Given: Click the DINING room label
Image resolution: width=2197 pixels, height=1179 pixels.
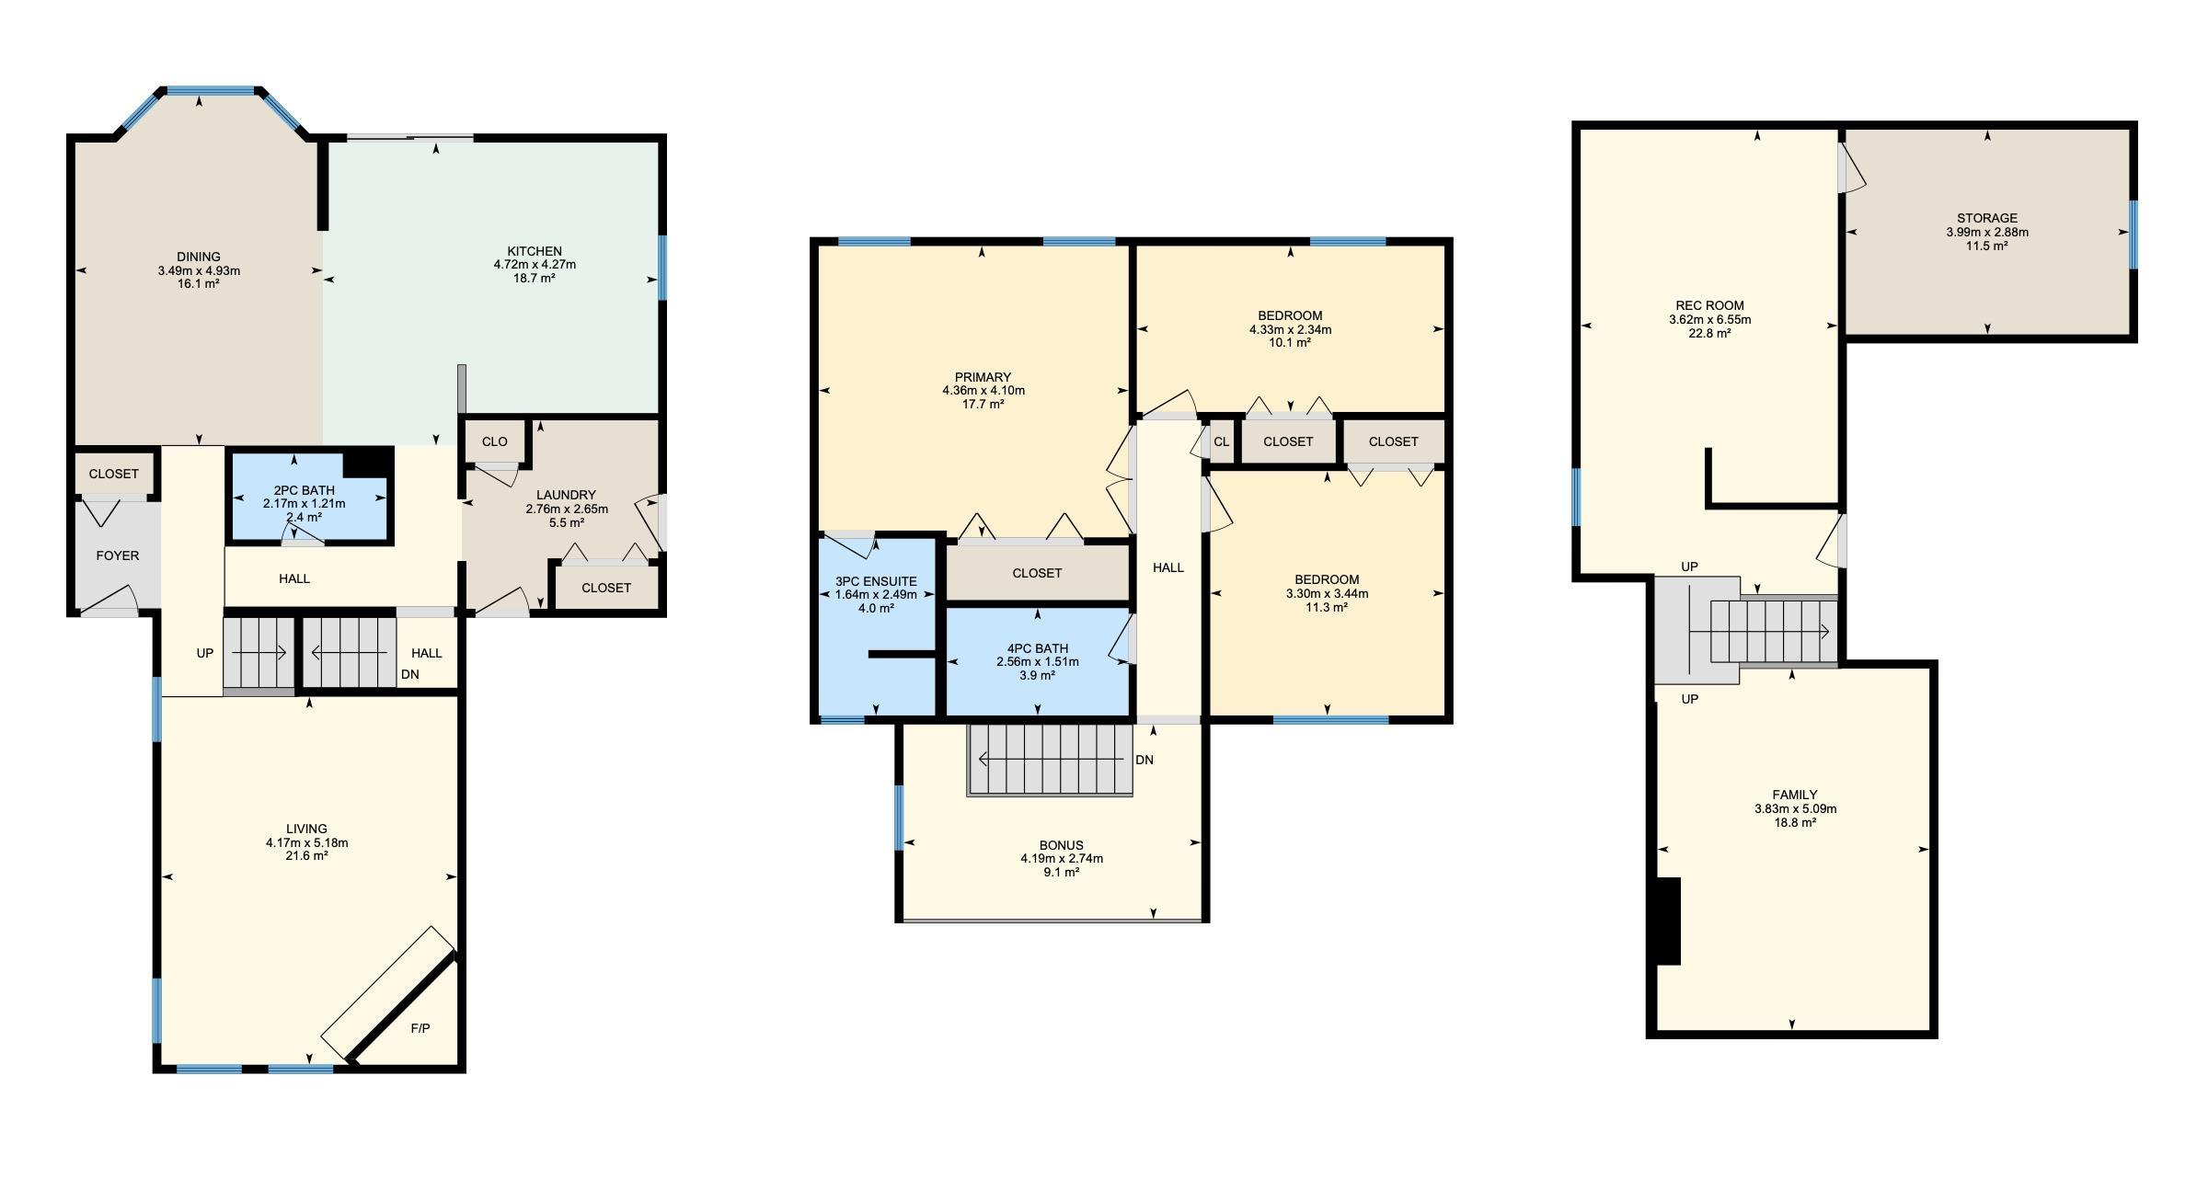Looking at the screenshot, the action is coord(199,257).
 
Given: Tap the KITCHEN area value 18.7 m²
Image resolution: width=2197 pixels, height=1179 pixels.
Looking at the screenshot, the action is coord(535,278).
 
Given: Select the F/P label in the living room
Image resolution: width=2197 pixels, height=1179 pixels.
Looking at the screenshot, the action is coord(420,1028).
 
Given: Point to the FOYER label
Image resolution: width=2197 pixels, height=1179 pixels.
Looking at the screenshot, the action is coord(118,555).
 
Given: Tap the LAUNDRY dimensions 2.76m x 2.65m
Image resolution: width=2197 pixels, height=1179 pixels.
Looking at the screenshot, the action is coord(567,509).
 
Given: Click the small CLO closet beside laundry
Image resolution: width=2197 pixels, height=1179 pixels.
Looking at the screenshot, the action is coord(495,441).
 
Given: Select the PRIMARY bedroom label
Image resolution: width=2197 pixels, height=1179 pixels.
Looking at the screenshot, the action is coord(983,377).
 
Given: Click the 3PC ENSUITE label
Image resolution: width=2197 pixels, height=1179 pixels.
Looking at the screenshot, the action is coord(876,581).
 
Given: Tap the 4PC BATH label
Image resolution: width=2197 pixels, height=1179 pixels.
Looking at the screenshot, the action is coord(1038,648).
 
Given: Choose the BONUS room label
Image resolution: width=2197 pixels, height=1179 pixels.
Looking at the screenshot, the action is coord(1062,845).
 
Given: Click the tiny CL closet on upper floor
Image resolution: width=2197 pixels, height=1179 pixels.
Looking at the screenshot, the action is coord(1222,441).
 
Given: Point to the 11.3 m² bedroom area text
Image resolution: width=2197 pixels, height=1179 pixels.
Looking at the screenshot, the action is coord(1327,607).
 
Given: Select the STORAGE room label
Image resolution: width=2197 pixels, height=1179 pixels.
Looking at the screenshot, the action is coord(1987,218).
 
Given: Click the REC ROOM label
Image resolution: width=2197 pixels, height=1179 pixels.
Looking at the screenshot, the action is coord(1709,305).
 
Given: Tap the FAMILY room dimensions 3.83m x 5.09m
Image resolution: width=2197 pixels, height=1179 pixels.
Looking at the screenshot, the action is coord(1795,809).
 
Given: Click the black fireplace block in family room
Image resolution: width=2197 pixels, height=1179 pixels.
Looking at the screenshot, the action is coord(1669,921).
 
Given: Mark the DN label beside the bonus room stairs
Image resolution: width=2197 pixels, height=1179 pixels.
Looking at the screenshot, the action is coord(1145,760).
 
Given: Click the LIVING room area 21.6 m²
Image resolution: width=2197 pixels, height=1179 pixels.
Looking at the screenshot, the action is coord(306,855).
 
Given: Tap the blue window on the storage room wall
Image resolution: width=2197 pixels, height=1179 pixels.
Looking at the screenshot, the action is coord(2133,235).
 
